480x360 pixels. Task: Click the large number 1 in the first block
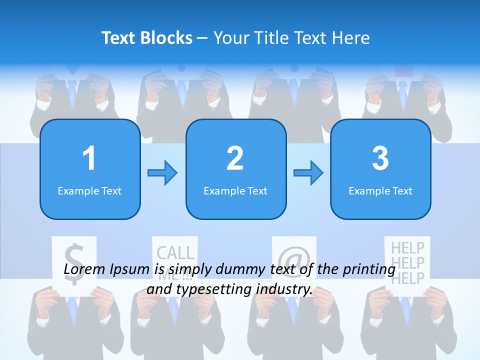tap(89, 158)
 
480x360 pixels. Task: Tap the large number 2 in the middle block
tap(235, 158)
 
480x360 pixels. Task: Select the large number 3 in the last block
tap(380, 158)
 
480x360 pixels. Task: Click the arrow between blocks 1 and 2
tap(162, 173)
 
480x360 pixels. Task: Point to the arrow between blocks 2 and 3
tap(308, 173)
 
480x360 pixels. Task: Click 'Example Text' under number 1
tap(89, 190)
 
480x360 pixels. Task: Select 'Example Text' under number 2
tap(235, 190)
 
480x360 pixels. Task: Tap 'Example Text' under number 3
tap(380, 190)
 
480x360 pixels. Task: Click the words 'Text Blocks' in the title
tap(147, 37)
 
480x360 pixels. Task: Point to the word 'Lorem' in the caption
tap(83, 269)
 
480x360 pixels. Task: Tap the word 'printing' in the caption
tap(368, 269)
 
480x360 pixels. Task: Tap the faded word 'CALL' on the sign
tap(175, 253)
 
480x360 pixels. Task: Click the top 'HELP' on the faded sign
tap(407, 247)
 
